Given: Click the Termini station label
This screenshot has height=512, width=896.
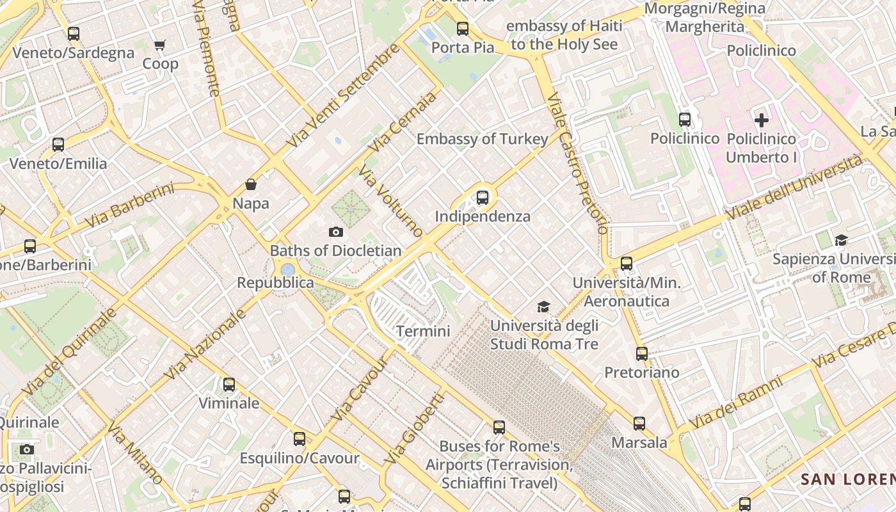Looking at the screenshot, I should [423, 332].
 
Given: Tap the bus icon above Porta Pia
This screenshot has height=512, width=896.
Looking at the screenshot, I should [463, 29].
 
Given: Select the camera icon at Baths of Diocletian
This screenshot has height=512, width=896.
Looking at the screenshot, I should [335, 232].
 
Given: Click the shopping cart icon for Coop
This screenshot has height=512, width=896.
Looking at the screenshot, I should [159, 45].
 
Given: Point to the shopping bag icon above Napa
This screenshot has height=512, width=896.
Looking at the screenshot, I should [251, 185].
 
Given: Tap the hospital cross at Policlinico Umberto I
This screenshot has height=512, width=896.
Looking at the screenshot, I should [762, 120].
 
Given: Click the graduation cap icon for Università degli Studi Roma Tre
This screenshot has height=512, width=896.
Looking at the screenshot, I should [543, 307].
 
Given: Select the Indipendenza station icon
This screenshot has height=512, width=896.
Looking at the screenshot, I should [483, 198].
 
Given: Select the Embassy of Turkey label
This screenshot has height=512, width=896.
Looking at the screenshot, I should [483, 139].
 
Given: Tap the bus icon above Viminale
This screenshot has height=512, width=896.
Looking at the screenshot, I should [228, 385].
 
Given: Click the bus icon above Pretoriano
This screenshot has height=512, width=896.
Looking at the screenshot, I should [641, 354].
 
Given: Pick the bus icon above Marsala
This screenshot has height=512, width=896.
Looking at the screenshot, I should [639, 424].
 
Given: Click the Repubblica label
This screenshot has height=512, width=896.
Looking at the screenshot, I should [275, 283].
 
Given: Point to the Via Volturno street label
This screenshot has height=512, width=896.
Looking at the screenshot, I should [390, 200].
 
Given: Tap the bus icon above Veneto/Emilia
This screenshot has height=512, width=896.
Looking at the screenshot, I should [58, 145].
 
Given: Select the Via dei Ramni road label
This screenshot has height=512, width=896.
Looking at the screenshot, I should [736, 403].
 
